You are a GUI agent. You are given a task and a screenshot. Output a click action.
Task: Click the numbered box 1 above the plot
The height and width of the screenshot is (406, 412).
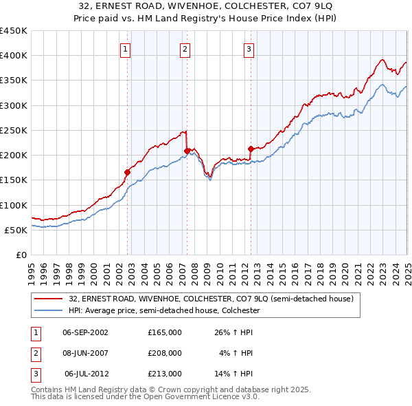point(127,48)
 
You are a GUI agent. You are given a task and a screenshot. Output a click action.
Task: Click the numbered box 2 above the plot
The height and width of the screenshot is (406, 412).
point(185,48)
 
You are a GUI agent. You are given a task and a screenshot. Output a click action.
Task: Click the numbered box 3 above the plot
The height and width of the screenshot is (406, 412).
point(248,48)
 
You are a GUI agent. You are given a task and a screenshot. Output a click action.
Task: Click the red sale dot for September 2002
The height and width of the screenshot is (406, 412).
point(127,172)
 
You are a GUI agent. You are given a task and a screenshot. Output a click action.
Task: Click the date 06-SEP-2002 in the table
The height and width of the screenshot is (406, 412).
point(85,332)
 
